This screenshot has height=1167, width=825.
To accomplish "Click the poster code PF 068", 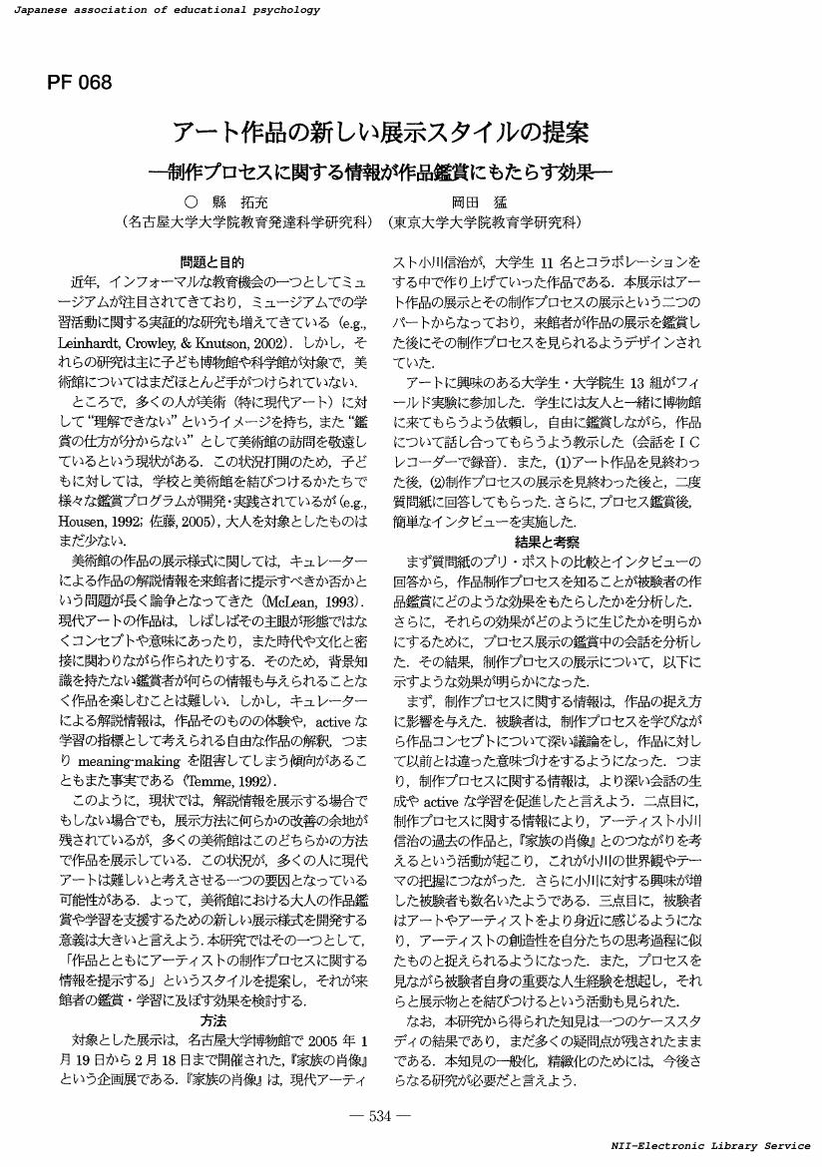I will pyautogui.click(x=79, y=83).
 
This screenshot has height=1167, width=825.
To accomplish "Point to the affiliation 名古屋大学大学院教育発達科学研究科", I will pyautogui.click(x=246, y=220).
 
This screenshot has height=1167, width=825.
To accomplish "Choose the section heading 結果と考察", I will pyautogui.click(x=546, y=542).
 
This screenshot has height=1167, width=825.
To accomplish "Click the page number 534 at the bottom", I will pyautogui.click(x=382, y=1116).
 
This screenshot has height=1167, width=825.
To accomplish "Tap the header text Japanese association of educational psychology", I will pyautogui.click(x=163, y=10).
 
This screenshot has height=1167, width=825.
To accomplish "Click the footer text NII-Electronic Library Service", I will pyautogui.click(x=710, y=1146).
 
